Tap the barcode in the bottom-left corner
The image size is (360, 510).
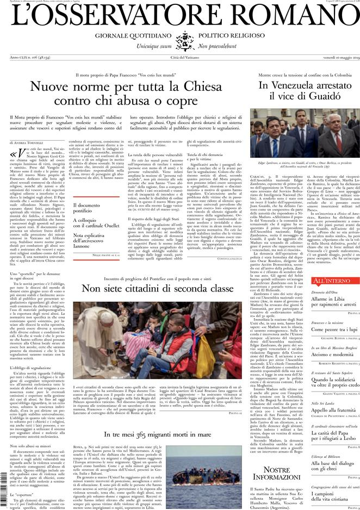click(x=4, y=492)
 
